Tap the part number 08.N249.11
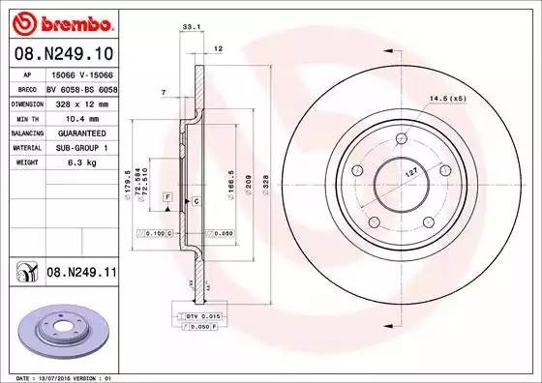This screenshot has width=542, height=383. click(80, 274)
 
